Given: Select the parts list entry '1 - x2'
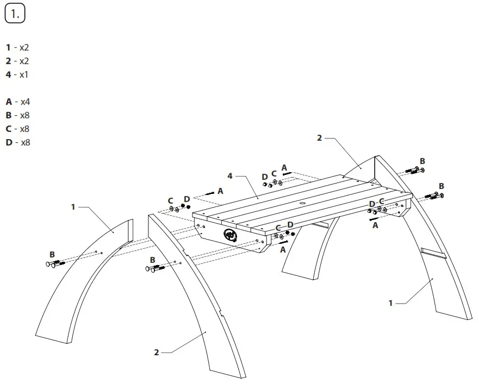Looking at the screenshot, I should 17,48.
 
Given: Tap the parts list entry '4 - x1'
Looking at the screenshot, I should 17,74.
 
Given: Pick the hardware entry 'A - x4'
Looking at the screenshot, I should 17,102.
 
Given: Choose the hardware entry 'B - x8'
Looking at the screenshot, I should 17,115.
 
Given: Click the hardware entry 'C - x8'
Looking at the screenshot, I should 17,129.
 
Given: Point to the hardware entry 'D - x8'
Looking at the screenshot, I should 17,142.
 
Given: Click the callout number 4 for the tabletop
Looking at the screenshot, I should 230,176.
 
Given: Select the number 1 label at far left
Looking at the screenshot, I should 73,206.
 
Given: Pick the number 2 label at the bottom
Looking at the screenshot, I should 157,352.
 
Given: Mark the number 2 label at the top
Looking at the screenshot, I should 320,138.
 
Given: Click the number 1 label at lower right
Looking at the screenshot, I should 390,303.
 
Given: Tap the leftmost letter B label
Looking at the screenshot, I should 52,254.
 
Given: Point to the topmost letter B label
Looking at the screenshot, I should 422,161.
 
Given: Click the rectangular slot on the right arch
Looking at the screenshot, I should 434,253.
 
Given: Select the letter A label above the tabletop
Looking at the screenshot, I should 284,168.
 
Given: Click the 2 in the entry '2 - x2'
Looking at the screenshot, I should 8,61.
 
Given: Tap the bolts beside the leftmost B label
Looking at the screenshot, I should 56,264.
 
